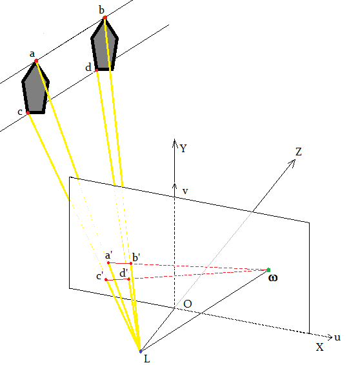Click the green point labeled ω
coord(268,270)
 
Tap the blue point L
coord(140,351)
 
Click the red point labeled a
coord(36,61)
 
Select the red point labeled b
coord(105,18)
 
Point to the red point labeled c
coord(28,113)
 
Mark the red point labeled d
coord(96,69)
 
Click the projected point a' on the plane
coord(108,263)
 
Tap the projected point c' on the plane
coord(106,279)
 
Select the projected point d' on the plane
coord(129,279)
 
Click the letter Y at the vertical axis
coord(184,148)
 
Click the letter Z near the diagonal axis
coord(299,152)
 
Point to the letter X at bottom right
coord(319,347)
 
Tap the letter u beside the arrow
coord(337,337)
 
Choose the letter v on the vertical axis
coord(185,191)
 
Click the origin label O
coord(186,304)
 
